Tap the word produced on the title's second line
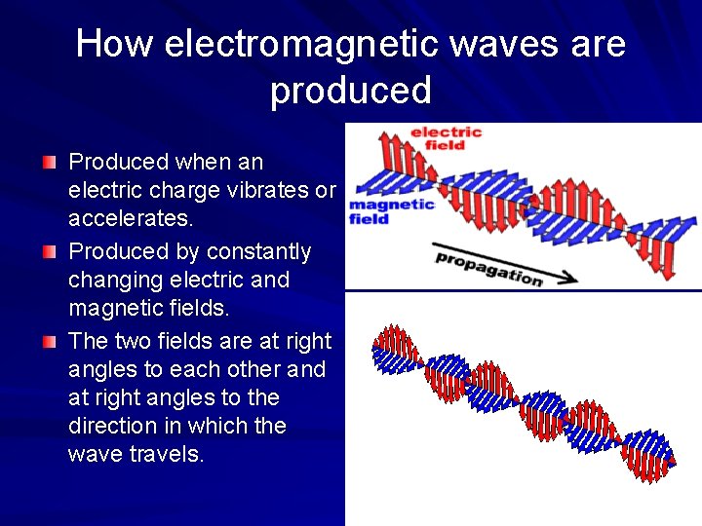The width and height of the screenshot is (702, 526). (x=351, y=91)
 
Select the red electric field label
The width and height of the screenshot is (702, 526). (x=446, y=139)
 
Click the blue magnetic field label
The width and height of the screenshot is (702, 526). (x=391, y=211)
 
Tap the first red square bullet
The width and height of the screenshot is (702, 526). (x=50, y=161)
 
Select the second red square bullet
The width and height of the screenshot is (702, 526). (x=50, y=251)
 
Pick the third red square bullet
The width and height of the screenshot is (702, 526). (x=50, y=341)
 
